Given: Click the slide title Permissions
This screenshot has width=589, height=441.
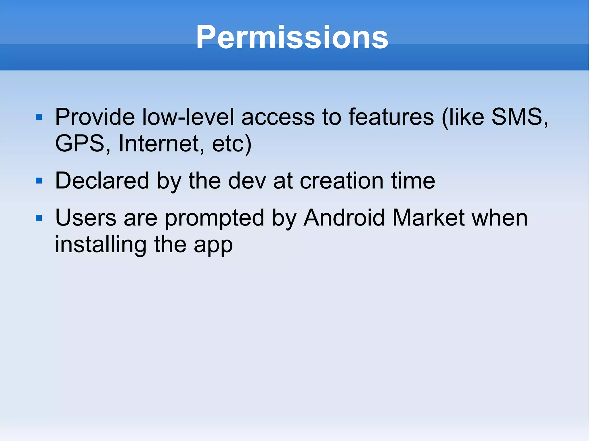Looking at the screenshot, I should tap(292, 37).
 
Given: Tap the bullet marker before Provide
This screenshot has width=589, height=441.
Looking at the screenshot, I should tap(39, 117).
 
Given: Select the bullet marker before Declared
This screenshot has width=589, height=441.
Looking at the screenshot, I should tap(39, 181).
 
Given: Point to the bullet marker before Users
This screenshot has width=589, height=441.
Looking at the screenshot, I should tap(39, 218).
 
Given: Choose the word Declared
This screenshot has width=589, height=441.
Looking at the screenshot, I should tap(102, 181).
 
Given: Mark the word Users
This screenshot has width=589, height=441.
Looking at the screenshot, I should tap(86, 218).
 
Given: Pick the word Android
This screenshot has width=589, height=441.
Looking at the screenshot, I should tap(344, 218).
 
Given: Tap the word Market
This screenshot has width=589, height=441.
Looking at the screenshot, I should tap(428, 218).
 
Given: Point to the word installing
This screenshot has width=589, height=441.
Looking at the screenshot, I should tap(101, 245).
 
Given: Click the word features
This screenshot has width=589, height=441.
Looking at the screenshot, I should tap(391, 117).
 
